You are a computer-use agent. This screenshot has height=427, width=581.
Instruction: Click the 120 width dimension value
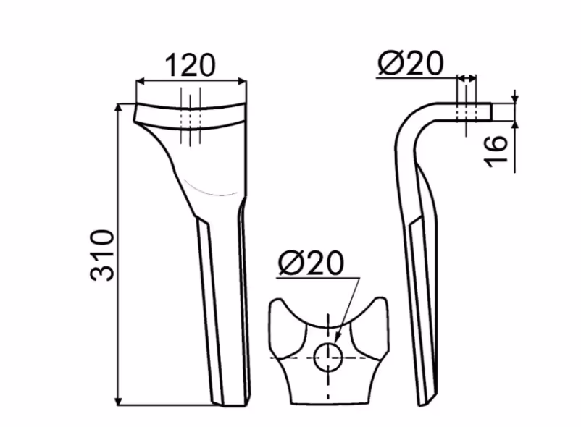189,65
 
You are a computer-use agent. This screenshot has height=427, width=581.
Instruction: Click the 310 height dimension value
101,255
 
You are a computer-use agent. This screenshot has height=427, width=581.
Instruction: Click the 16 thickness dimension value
496,151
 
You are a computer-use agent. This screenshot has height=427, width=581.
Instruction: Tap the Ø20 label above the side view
411,63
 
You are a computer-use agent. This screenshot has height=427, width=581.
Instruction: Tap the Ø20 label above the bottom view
312,263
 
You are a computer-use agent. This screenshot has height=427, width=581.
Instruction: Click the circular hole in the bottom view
327,357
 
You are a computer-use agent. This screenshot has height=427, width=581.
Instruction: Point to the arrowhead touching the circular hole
338,337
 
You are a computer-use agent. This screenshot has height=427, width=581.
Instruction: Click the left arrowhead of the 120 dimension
141,81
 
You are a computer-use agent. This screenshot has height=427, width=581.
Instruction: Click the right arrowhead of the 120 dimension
242,81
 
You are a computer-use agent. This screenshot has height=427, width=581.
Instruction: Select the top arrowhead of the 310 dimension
118,109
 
